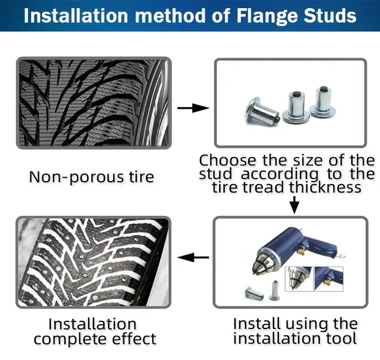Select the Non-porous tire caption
point(92,176)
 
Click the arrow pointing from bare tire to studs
point(193,108)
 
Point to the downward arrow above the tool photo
point(295,205)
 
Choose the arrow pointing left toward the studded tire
point(193,257)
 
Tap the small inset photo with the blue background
point(329,279)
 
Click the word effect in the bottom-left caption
point(139,338)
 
